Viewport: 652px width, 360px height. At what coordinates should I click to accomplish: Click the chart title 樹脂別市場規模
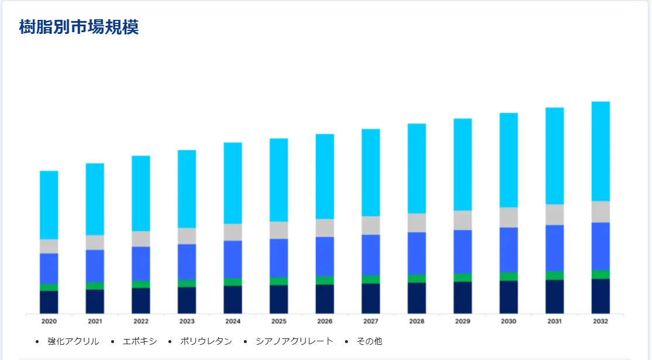click(79, 27)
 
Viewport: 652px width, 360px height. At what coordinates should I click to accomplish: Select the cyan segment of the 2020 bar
click(49, 205)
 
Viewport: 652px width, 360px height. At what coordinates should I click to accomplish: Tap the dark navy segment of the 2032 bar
click(601, 296)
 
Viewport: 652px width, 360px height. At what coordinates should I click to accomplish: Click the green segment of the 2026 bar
click(325, 281)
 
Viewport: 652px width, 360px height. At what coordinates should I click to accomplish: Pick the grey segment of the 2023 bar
click(187, 236)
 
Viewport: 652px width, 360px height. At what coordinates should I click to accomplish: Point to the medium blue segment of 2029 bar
click(463, 252)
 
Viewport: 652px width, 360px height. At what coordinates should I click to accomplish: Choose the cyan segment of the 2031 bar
click(554, 156)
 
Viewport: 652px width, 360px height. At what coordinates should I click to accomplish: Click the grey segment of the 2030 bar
click(509, 217)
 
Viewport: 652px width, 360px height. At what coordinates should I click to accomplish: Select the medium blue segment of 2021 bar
click(95, 266)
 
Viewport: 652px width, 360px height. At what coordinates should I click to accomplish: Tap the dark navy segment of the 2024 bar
click(233, 299)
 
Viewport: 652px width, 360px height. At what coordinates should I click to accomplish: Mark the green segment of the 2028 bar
click(417, 279)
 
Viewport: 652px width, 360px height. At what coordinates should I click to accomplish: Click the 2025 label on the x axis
click(279, 321)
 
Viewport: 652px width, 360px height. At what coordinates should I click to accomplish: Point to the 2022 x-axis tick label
click(141, 321)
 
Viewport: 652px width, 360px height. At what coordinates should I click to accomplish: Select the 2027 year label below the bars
click(371, 321)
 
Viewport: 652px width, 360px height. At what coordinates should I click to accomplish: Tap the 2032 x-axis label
click(601, 321)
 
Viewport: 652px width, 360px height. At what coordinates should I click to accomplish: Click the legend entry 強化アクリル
click(73, 341)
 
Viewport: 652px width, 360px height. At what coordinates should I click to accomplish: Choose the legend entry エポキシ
click(140, 341)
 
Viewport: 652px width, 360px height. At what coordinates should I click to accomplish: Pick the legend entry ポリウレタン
click(206, 341)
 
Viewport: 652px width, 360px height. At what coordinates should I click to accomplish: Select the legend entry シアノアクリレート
click(294, 341)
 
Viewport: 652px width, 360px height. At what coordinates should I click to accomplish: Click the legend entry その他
click(369, 341)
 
